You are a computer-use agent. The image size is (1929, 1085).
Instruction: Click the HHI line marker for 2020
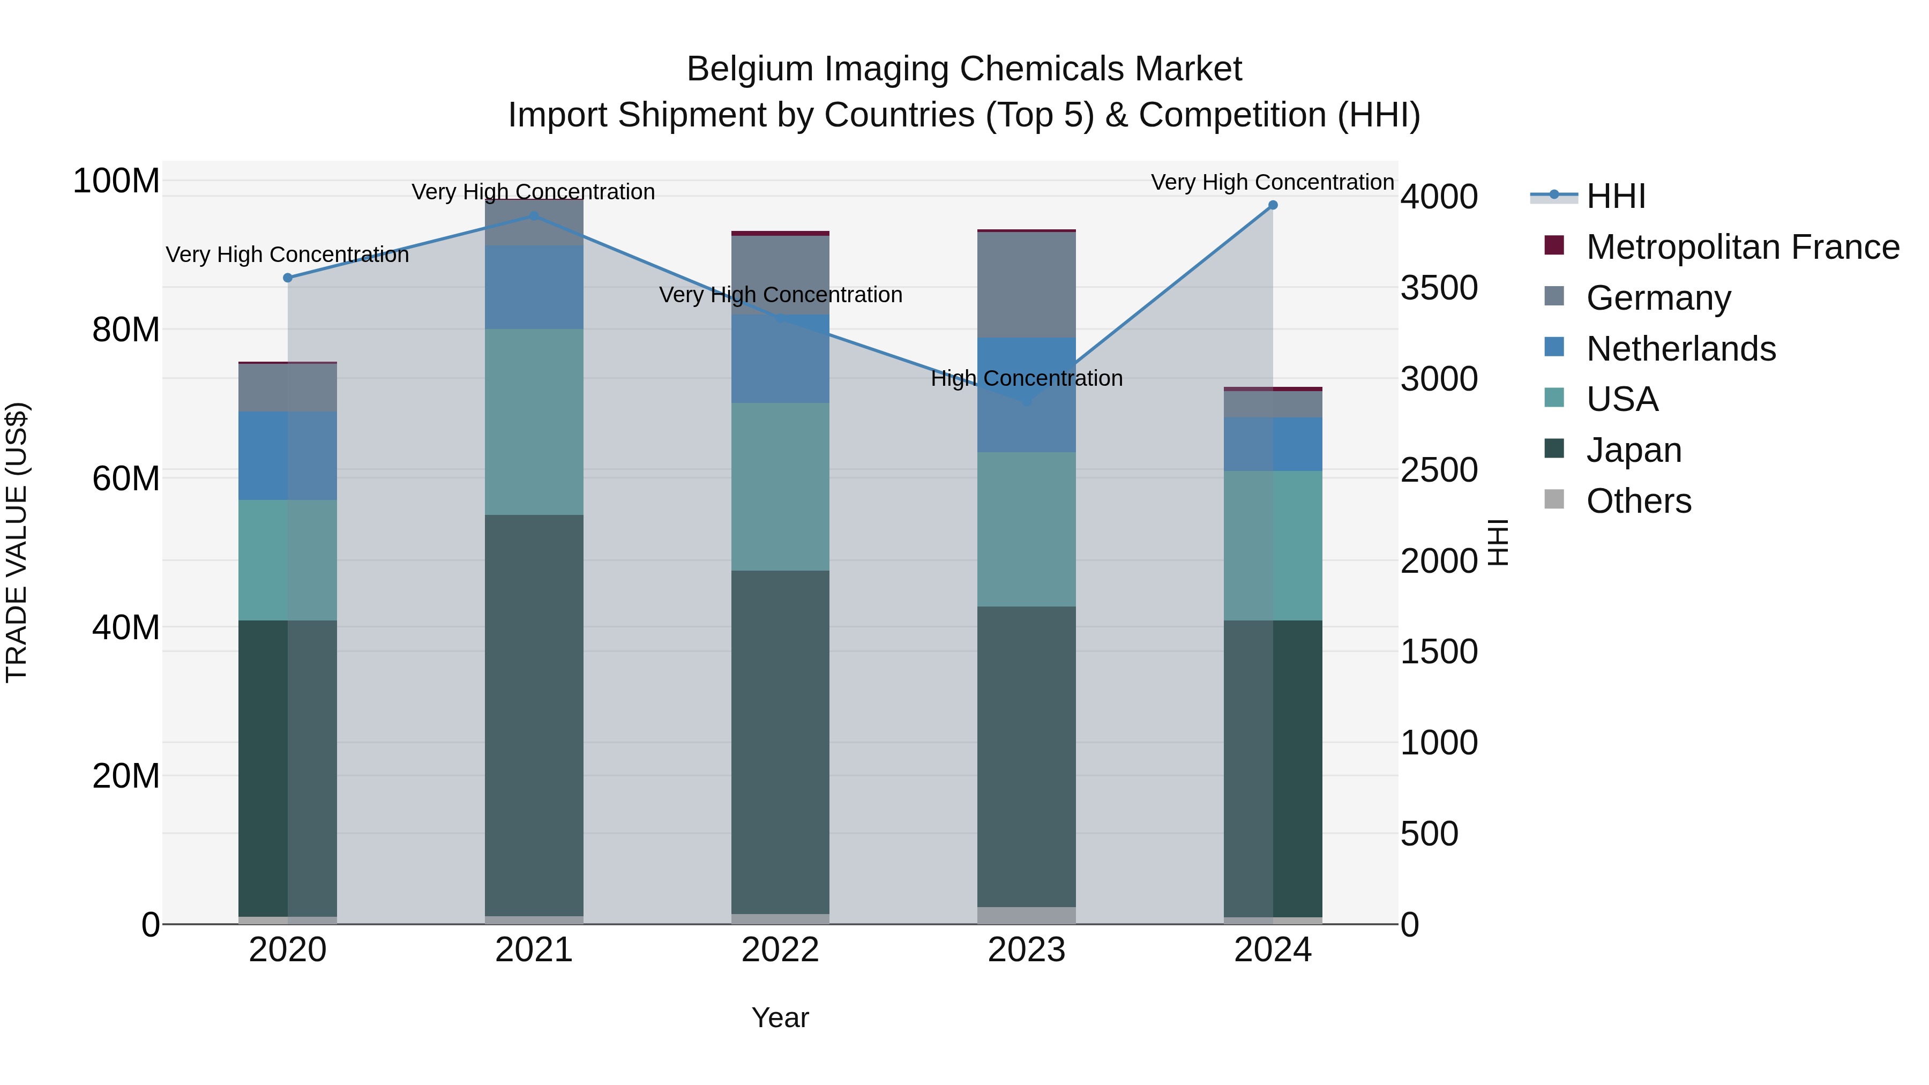tap(288, 278)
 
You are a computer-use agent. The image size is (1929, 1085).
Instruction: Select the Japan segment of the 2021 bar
tap(534, 715)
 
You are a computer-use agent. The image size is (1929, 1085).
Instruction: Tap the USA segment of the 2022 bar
tap(780, 487)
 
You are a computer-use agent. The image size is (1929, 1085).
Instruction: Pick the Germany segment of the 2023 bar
tap(1027, 285)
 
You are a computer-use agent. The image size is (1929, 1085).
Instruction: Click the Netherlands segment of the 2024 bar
tap(1273, 444)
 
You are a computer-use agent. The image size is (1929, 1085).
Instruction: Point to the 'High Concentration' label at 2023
tap(1027, 379)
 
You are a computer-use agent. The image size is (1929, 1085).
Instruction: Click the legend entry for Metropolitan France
tap(1742, 247)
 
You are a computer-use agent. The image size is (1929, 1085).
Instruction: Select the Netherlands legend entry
tap(1680, 349)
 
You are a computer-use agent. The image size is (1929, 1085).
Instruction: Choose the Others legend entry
tap(1639, 501)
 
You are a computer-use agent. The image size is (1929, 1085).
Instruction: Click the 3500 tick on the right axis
tap(1439, 288)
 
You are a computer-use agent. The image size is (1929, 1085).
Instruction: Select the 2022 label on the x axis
tap(780, 950)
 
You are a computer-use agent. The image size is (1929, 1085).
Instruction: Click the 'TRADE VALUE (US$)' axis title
tap(17, 542)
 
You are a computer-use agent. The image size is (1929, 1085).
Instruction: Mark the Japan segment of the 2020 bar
tap(288, 767)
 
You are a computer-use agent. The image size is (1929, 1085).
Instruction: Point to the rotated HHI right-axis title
tap(1497, 542)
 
